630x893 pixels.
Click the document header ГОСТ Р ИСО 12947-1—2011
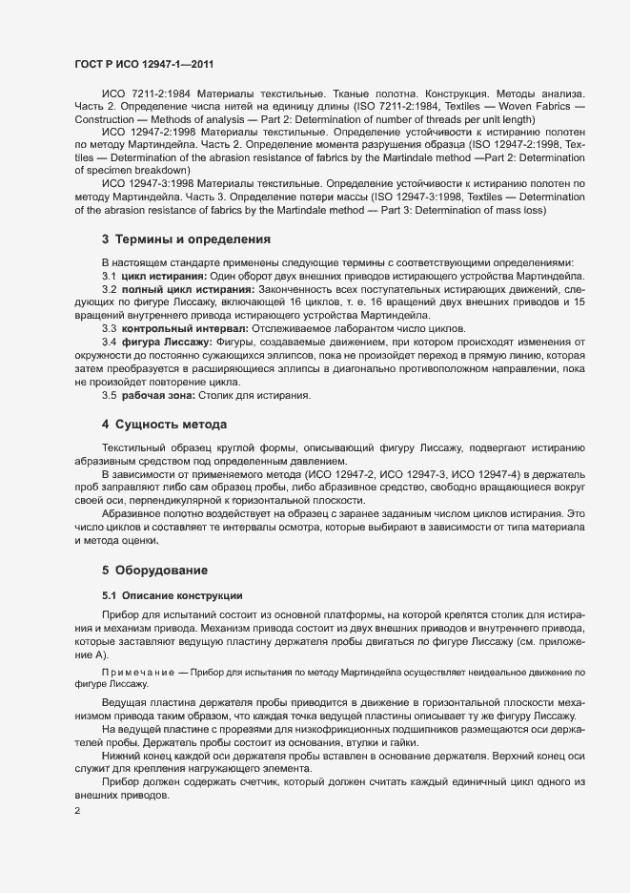point(142,64)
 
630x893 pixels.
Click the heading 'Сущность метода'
point(171,423)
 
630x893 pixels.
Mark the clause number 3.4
point(110,342)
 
